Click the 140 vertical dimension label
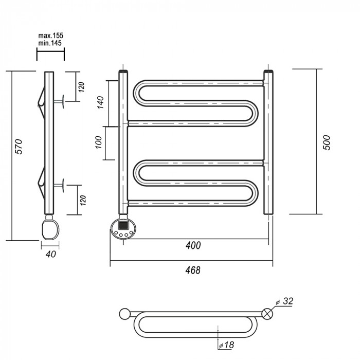(100, 103)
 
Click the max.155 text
(50, 35)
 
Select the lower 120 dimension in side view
(81, 199)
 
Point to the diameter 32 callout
(286, 301)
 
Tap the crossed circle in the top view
(267, 314)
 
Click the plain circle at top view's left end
(124, 314)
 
